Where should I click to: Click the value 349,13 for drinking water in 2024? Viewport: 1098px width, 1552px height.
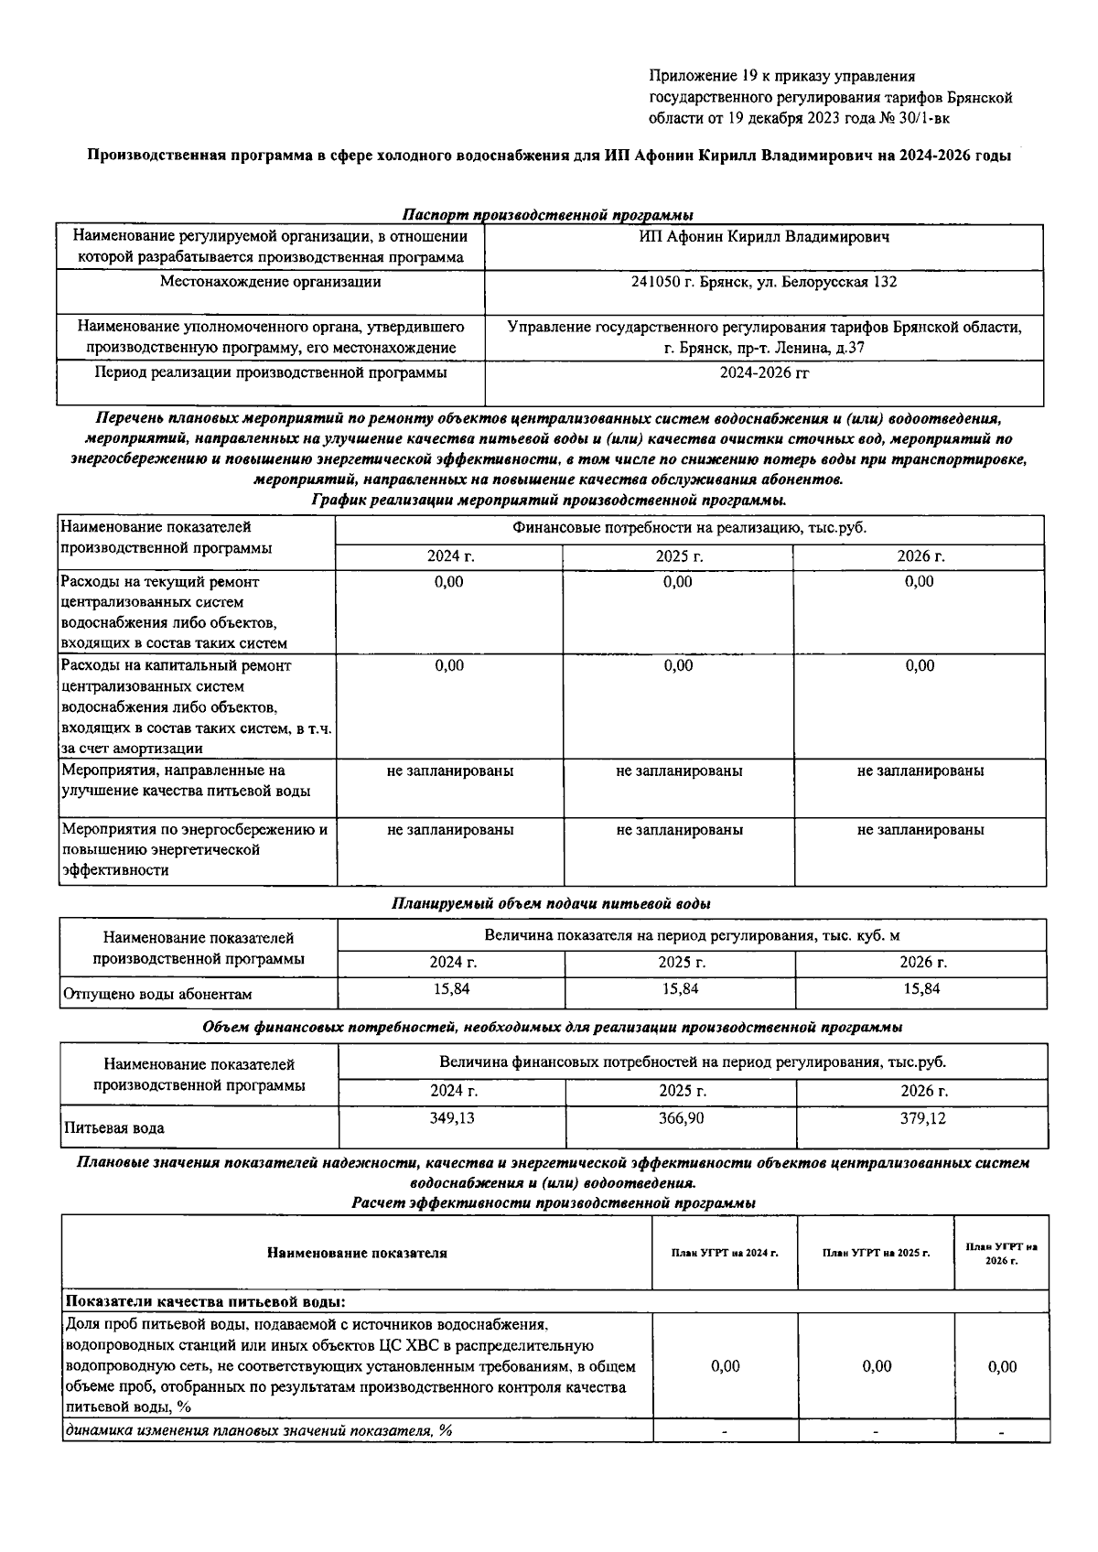[x=452, y=1118]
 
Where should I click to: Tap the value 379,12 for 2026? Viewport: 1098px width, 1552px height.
[x=922, y=1118]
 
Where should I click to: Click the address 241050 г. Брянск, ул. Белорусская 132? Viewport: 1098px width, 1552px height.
[x=764, y=282]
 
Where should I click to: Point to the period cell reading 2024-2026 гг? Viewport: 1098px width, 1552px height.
[x=764, y=373]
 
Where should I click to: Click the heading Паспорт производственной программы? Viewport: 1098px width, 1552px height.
[x=547, y=215]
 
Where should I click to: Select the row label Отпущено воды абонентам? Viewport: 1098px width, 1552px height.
[x=156, y=994]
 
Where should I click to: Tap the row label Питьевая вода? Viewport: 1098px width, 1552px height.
[x=113, y=1128]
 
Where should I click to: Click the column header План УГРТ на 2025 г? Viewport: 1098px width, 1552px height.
[x=876, y=1253]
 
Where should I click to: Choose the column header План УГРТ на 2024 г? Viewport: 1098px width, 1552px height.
[x=725, y=1253]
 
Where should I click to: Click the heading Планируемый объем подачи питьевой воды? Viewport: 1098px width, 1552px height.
[x=551, y=903]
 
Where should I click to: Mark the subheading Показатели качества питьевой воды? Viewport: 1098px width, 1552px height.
[x=205, y=1301]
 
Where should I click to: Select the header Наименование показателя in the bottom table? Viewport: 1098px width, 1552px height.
[x=357, y=1253]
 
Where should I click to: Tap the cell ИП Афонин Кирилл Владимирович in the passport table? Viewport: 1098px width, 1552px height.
[x=764, y=237]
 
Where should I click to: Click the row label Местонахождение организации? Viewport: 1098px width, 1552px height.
[x=270, y=282]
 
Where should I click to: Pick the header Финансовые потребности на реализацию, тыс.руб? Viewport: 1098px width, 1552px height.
[x=689, y=528]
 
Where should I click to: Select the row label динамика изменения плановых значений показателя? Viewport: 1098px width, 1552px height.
[x=258, y=1430]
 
